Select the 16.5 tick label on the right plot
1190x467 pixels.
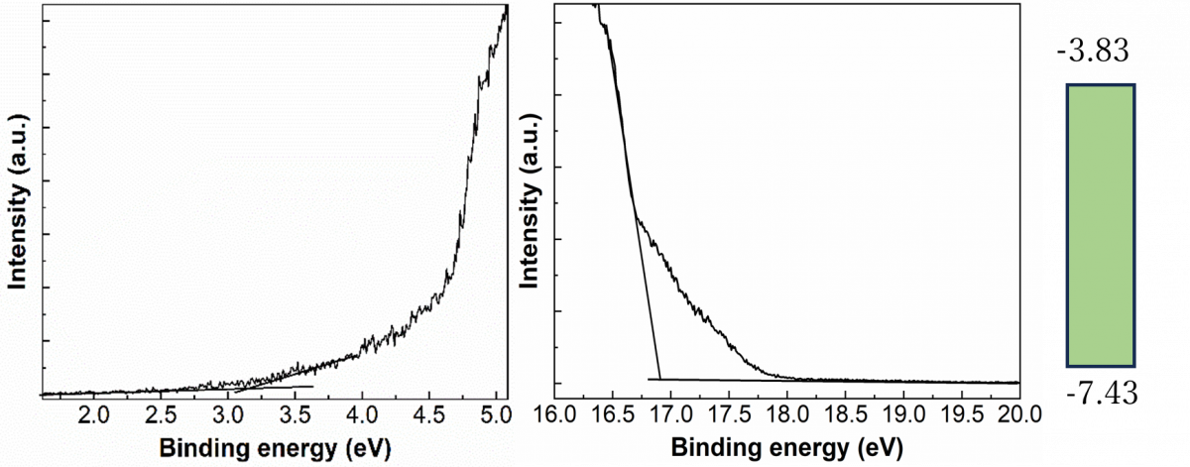pyautogui.click(x=613, y=414)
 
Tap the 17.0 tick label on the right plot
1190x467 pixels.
pyautogui.click(x=671, y=414)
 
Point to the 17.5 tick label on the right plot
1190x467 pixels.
pyautogui.click(x=729, y=414)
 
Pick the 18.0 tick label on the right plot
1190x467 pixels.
pyautogui.click(x=787, y=414)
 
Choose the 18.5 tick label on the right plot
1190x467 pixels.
pyautogui.click(x=845, y=414)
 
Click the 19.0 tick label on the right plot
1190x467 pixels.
pyautogui.click(x=903, y=414)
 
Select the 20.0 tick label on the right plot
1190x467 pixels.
pyautogui.click(x=1019, y=414)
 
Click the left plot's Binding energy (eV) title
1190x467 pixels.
pyautogui.click(x=276, y=449)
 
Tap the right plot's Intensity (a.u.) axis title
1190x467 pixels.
pyautogui.click(x=530, y=201)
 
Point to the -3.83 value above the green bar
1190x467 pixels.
pyautogui.click(x=1093, y=53)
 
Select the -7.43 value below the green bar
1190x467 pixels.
pyautogui.click(x=1103, y=395)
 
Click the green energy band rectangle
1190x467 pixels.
pyautogui.click(x=1101, y=225)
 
